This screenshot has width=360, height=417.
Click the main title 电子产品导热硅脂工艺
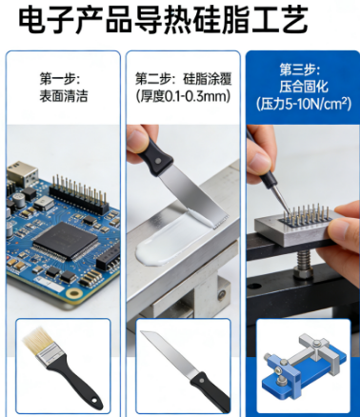[163, 20]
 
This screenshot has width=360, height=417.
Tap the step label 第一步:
[59, 79]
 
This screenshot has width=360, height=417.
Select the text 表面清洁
[64, 96]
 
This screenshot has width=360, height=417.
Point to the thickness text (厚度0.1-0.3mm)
[183, 96]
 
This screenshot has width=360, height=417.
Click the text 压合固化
[303, 87]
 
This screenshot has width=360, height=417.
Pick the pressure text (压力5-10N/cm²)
[304, 104]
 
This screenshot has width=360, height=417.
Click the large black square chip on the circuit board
[66, 241]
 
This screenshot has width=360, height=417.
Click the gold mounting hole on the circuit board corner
[74, 294]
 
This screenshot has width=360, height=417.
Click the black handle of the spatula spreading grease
[155, 155]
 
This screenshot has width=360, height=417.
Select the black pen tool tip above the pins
[279, 196]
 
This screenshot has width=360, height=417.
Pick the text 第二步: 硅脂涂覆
[184, 79]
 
